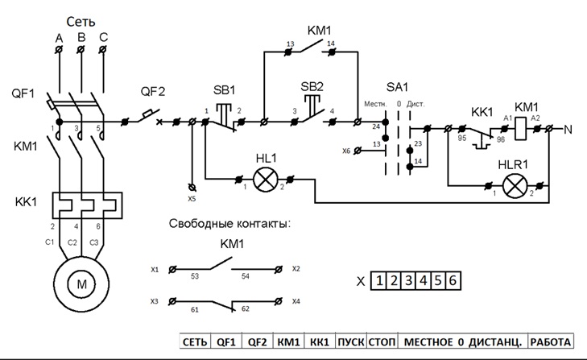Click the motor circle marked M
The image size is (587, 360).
(x=80, y=283)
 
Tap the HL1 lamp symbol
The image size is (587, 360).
(x=264, y=178)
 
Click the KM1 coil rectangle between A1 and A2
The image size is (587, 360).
(x=523, y=127)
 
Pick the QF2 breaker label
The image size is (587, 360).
(x=152, y=91)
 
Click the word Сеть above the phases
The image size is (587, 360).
(x=81, y=22)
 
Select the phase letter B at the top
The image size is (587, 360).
(x=81, y=37)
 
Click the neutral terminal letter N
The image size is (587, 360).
(x=567, y=128)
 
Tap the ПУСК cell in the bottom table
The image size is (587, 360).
(x=350, y=341)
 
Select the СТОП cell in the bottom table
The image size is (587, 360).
(x=382, y=341)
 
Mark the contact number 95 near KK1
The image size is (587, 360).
(x=461, y=139)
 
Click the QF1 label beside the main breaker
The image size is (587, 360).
(x=23, y=93)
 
